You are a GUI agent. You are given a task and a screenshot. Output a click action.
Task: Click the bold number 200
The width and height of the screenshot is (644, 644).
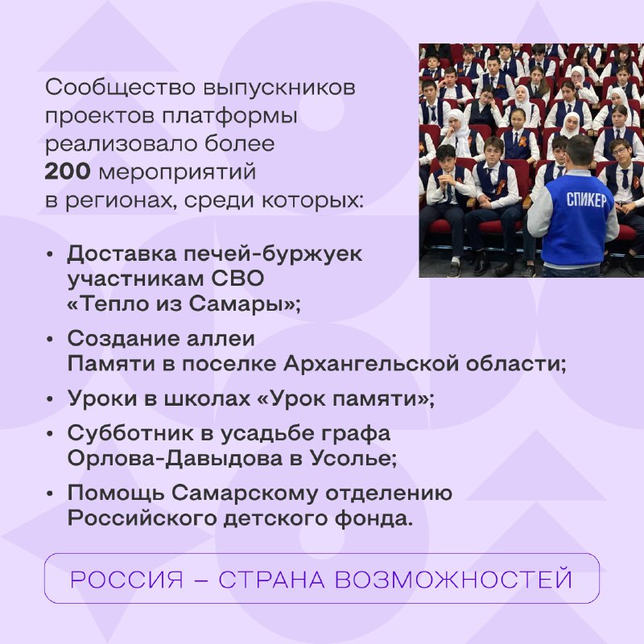tap(68, 171)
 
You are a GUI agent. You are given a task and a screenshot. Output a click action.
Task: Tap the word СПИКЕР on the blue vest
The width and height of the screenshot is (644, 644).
tap(586, 200)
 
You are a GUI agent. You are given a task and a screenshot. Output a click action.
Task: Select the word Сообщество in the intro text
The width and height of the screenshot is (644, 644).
tap(120, 88)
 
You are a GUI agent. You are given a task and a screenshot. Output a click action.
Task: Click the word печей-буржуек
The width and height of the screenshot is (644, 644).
tap(273, 254)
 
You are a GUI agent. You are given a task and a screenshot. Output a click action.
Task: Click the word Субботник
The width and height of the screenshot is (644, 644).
tap(130, 433)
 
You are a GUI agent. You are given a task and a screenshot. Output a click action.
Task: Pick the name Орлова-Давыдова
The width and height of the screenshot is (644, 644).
tap(175, 459)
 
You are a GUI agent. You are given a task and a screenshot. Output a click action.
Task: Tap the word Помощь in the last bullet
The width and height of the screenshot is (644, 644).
tap(116, 493)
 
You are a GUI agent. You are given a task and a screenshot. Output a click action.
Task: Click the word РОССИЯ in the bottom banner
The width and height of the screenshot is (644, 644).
tap(126, 580)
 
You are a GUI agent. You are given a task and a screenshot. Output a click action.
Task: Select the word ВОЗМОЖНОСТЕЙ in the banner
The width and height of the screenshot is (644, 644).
tap(453, 580)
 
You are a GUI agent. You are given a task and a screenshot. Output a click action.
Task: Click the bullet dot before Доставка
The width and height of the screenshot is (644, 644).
tap(50, 254)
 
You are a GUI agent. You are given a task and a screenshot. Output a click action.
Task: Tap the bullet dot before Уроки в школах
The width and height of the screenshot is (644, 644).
tap(50, 399)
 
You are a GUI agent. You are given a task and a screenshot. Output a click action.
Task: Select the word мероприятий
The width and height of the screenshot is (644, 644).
tap(177, 172)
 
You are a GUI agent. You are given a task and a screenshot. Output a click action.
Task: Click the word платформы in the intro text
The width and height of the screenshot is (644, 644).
tap(229, 116)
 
